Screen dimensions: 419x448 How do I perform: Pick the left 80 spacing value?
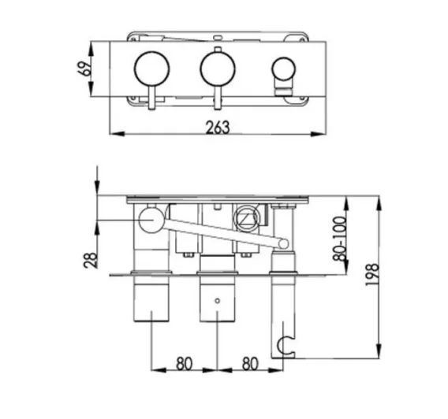pyautogui.click(x=184, y=365)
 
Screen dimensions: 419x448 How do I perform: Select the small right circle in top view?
pyautogui.click(x=281, y=69)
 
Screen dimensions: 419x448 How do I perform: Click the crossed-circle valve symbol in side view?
pyautogui.click(x=246, y=217)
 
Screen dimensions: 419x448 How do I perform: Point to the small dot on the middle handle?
pyautogui.click(x=217, y=301)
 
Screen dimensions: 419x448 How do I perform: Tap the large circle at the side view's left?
pyautogui.click(x=151, y=220)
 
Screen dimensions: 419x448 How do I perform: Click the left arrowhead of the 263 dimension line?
pyautogui.click(x=111, y=135)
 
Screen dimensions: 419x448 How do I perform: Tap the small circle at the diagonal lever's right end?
pyautogui.click(x=280, y=245)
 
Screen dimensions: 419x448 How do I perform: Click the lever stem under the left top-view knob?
pyautogui.click(x=150, y=98)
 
